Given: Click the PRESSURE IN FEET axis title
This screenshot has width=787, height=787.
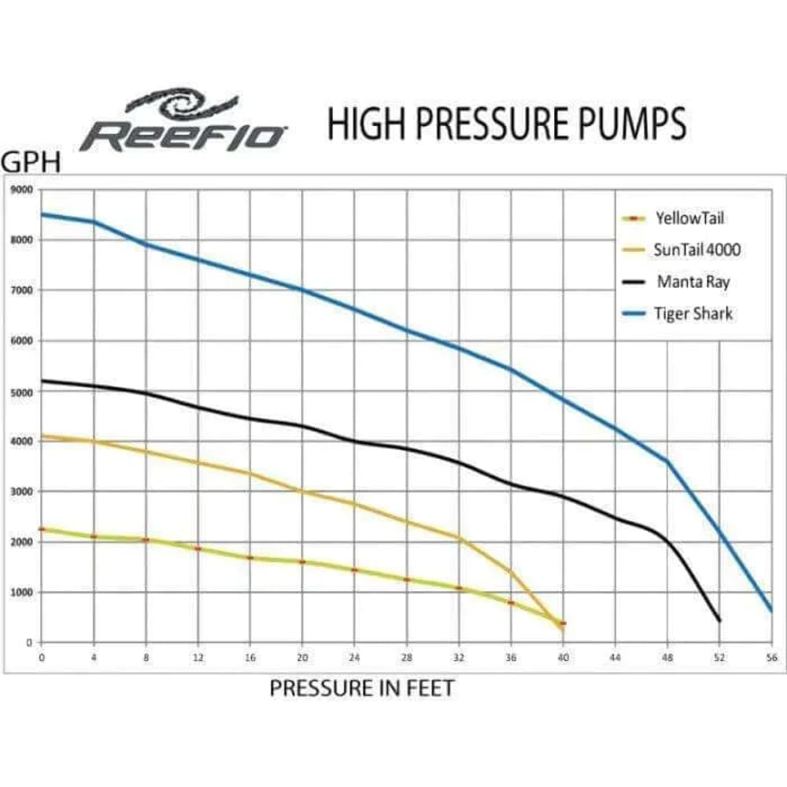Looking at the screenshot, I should point(362,688).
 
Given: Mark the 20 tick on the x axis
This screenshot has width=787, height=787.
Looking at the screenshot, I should point(302,658).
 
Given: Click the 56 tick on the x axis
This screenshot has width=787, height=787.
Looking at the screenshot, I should point(771,658).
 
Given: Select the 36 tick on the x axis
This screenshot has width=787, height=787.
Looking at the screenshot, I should point(511,658).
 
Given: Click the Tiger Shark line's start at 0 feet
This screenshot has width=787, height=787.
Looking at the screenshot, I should point(42,214).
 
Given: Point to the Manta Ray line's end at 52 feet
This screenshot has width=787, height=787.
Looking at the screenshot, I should point(719,621).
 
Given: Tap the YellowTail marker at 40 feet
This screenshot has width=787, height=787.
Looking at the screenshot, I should point(563,623).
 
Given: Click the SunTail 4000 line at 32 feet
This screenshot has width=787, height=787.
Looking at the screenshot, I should point(459,538).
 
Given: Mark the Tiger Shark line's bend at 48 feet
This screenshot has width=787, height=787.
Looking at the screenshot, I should point(667,461).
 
